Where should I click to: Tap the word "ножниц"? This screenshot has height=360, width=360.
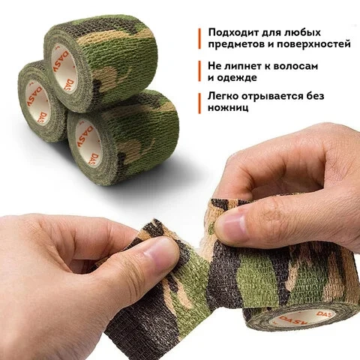pos(228,108)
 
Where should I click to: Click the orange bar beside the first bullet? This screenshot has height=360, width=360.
pos(199,38)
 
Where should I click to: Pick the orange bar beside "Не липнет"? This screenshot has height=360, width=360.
pos(199,71)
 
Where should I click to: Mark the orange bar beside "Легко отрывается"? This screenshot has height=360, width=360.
pos(199,103)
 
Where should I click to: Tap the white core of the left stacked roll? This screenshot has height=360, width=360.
pos(37,101)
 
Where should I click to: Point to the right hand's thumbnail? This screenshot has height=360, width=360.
pos(232,220)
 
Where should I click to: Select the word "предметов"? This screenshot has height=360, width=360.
pos(239,44)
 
